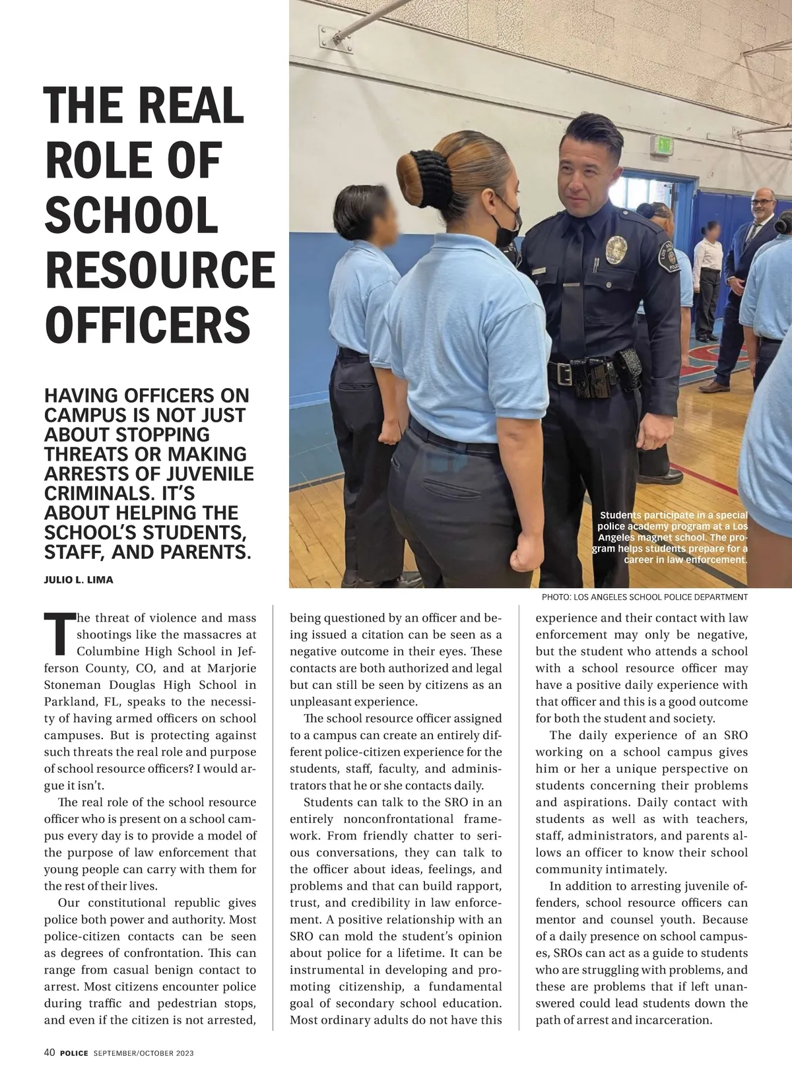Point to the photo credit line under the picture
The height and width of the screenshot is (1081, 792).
point(644,597)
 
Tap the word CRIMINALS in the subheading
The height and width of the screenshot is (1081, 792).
point(86,493)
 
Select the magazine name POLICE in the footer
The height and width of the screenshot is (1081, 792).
point(73,1053)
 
